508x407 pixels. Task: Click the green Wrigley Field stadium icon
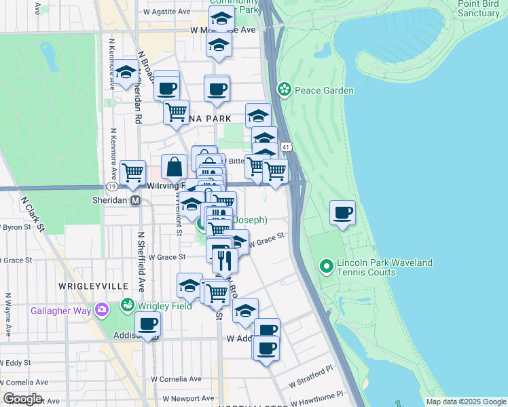pos(126,305)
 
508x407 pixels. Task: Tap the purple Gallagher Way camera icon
pos(103,310)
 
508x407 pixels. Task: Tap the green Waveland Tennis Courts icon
pos(327,267)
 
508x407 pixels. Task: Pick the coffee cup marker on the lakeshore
pos(342,213)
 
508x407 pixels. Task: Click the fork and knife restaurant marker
pos(224,259)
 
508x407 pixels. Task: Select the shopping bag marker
pos(175,167)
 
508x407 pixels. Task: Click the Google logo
pos(22,399)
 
